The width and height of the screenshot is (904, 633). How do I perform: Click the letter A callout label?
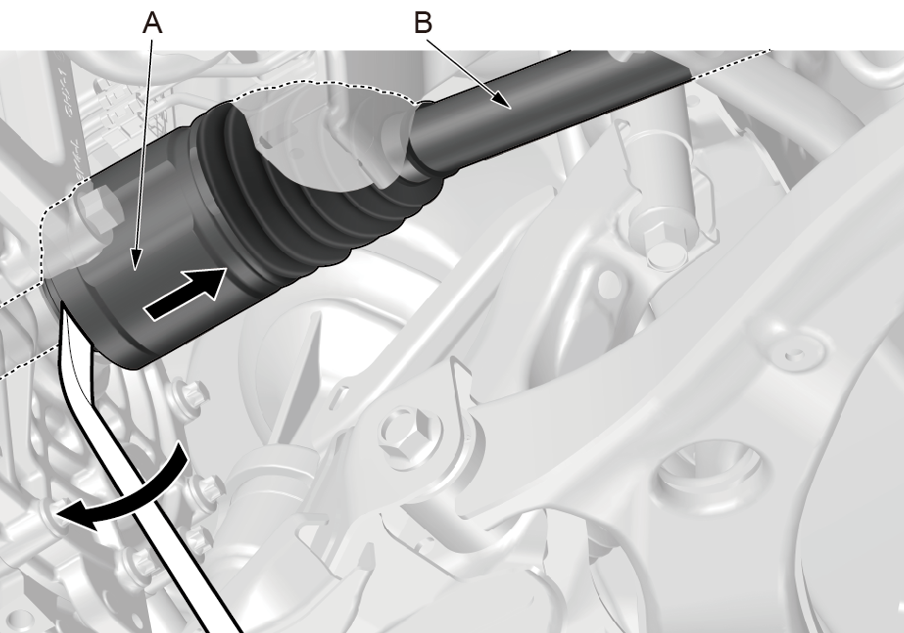tap(152, 23)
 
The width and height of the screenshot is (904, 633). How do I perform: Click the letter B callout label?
tap(423, 23)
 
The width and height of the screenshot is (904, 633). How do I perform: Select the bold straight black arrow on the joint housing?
tap(185, 292)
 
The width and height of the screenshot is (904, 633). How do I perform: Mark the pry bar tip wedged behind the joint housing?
tap(74, 323)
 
